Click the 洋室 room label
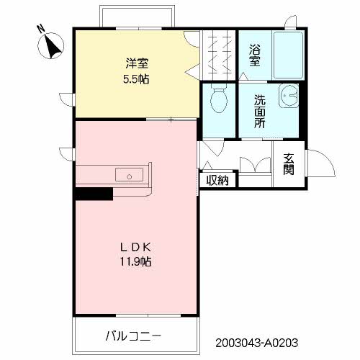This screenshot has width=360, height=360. pos(137,63)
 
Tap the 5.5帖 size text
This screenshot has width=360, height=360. pos(136,78)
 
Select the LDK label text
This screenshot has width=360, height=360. pos(135,247)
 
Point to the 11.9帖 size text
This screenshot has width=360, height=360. pos(135,261)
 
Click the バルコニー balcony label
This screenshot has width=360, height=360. pos(133,336)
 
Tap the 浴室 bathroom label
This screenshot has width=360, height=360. pos(255,55)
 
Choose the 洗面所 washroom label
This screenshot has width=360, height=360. pos(260,112)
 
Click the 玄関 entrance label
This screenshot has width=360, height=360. pos(289,164)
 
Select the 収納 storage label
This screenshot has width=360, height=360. pos(217,180)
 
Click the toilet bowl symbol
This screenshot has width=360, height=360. pos(219,98)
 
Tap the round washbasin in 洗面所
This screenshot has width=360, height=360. pos(289,96)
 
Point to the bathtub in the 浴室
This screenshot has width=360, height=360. pos(288,55)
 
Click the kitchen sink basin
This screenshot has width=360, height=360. pos(130,174)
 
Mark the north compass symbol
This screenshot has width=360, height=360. pos(51,45)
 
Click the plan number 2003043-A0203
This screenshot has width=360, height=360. pos(256,343)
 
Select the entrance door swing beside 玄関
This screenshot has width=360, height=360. pos(321,163)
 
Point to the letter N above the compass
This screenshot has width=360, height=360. pos(41,28)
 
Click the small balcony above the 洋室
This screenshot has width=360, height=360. pos(137,17)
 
